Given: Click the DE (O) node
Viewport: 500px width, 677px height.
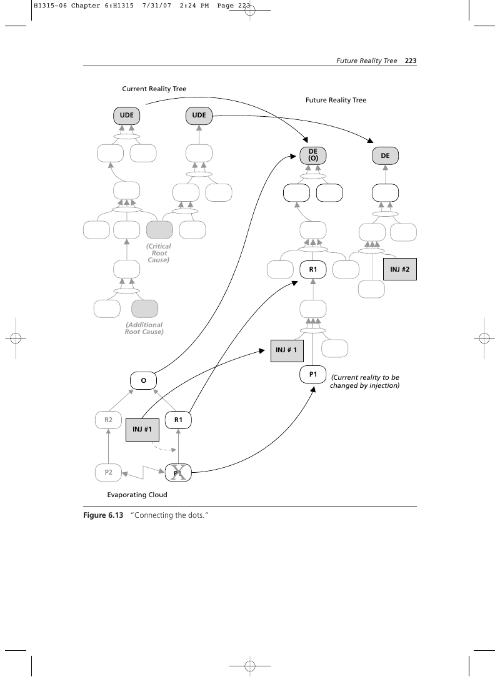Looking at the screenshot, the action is coord(313,156).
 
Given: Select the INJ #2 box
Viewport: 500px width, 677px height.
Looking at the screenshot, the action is coord(400,269).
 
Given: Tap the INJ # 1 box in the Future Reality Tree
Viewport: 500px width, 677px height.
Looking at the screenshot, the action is coord(287,350).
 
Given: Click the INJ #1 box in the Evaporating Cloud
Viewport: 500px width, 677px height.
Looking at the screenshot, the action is coord(142,430).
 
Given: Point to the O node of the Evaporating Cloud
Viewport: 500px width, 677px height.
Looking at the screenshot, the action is coord(143,380).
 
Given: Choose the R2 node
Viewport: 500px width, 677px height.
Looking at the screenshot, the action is coord(108,420).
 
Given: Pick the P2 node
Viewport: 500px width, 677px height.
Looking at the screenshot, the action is coord(108,472).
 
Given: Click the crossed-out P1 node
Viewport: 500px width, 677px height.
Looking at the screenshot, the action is coord(178,473).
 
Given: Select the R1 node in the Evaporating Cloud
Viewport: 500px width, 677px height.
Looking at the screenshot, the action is coord(178,420).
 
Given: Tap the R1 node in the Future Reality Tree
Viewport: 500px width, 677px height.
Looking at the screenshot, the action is coord(313,269).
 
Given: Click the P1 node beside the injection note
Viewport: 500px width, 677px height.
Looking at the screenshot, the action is coord(313,374).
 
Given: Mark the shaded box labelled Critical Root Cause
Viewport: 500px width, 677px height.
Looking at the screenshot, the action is coord(159,230).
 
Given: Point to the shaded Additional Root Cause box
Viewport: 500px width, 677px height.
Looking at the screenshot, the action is coord(145,309).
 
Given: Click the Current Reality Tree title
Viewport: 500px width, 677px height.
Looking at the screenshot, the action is coord(154,89).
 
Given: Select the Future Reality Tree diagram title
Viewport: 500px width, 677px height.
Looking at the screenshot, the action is coord(336,100).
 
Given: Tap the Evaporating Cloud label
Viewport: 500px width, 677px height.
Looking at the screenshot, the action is coord(137,495).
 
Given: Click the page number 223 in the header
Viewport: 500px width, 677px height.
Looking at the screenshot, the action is coord(411,61).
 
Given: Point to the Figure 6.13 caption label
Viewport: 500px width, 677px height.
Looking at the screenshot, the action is coord(103,515).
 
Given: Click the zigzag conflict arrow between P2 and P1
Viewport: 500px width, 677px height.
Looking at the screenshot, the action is coord(143,472).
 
